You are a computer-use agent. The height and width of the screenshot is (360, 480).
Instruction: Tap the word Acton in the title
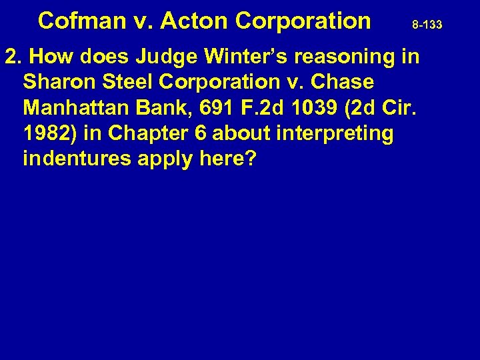[189, 21]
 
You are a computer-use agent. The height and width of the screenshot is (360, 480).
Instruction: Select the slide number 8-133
[427, 25]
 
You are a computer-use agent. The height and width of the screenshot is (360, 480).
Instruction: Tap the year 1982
[43, 133]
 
